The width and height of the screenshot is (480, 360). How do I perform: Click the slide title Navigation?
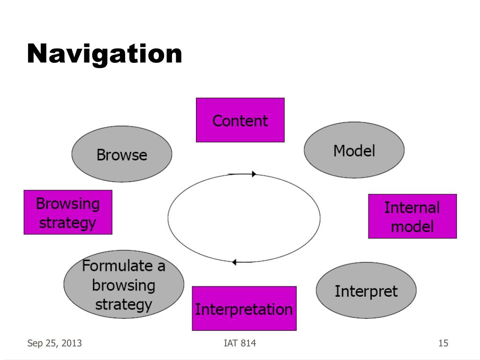click(105, 54)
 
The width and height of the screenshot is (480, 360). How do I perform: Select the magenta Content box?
click(240, 120)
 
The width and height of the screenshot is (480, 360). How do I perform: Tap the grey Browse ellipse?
click(122, 154)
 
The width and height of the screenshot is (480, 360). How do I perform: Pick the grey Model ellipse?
click(354, 150)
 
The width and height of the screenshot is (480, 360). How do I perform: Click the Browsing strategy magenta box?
click(68, 212)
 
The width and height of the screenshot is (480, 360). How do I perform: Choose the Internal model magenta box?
click(412, 216)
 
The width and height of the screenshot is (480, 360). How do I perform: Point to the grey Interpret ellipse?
click(366, 290)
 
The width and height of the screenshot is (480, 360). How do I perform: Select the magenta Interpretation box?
click(244, 308)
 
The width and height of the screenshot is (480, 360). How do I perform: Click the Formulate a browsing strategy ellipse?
click(124, 285)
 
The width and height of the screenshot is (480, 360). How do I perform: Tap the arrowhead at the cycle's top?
click(254, 174)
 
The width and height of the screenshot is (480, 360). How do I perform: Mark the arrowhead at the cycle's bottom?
click(234, 262)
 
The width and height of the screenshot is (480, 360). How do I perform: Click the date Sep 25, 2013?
click(54, 343)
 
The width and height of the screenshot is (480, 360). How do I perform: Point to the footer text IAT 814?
click(240, 343)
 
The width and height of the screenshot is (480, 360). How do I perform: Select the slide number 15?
click(443, 343)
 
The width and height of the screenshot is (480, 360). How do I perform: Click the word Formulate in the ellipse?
click(117, 265)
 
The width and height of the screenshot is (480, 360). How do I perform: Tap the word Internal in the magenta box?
click(412, 208)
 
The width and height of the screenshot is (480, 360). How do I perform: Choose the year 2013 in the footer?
click(72, 343)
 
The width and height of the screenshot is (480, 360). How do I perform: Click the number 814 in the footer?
click(248, 343)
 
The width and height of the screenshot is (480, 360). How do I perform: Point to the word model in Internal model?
click(412, 226)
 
